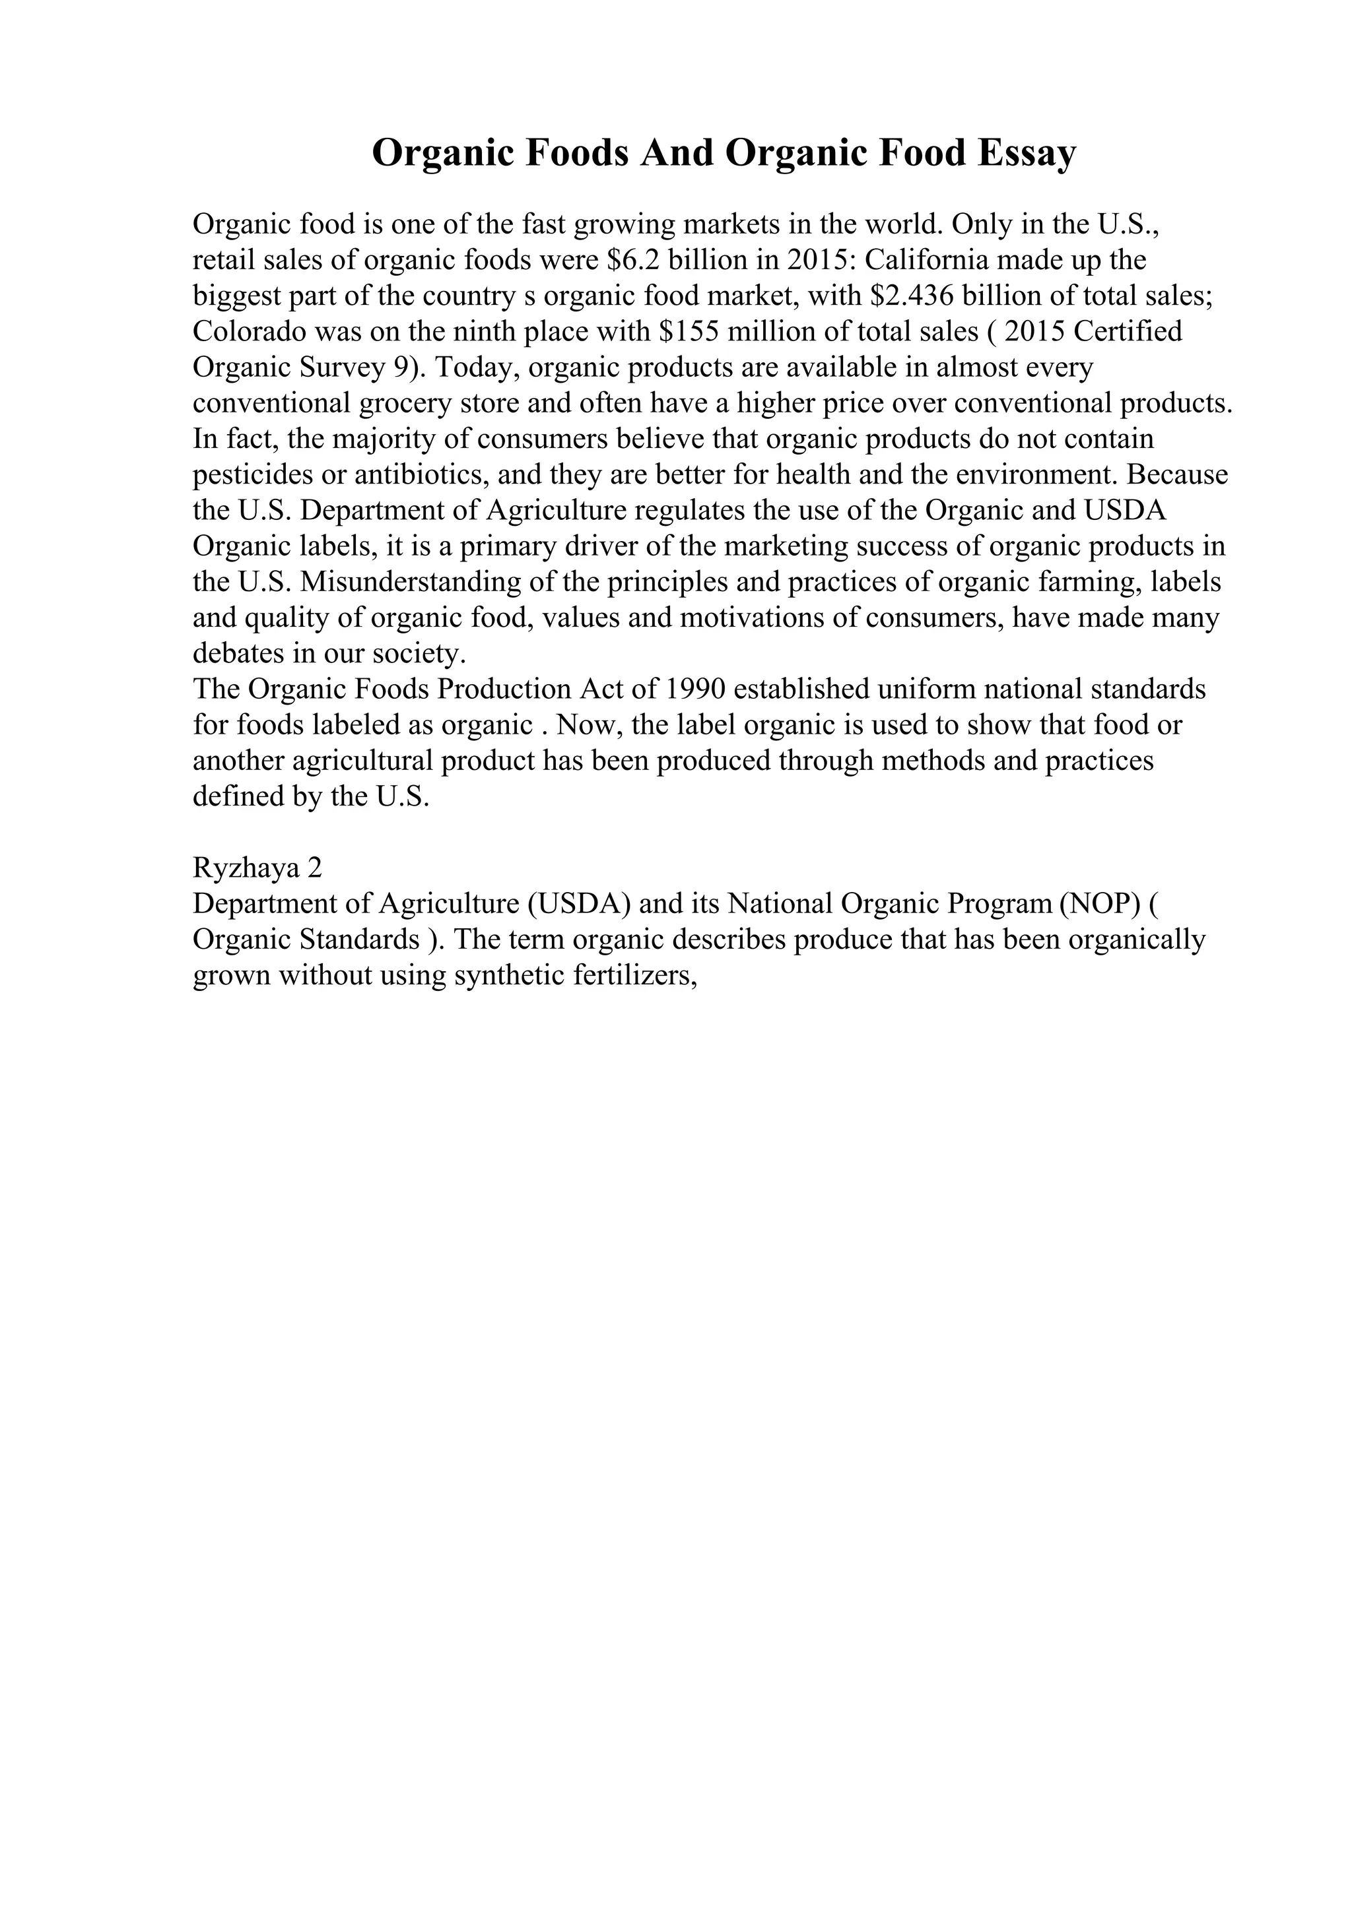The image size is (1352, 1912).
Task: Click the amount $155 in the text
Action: click(691, 333)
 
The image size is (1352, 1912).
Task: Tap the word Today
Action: click(480, 368)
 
